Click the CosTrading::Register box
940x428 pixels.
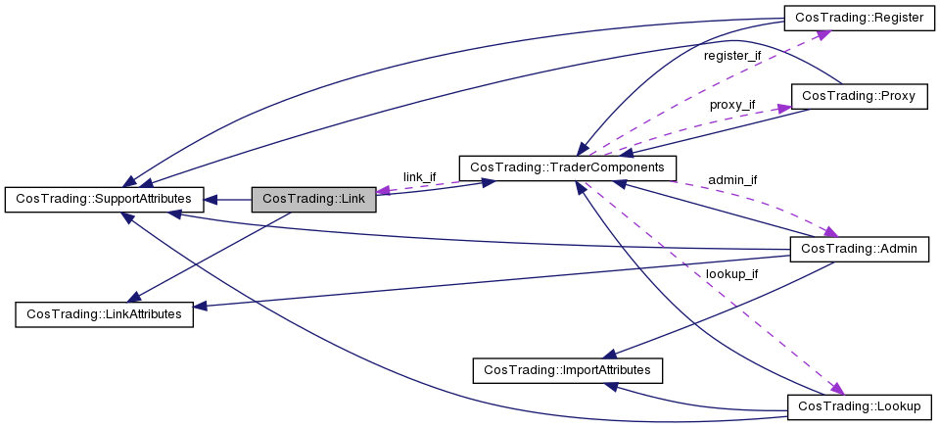tap(859, 18)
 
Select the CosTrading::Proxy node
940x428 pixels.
tap(859, 96)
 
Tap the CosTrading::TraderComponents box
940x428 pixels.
tap(567, 167)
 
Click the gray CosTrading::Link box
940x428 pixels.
tap(313, 199)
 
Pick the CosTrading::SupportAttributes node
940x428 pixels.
tap(104, 199)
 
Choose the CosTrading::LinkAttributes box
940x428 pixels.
tap(105, 314)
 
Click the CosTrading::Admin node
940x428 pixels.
tap(859, 249)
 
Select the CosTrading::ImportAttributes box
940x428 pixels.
tap(567, 370)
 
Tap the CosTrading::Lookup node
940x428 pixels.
tap(859, 407)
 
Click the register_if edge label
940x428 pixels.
tap(732, 57)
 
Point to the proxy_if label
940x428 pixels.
tap(732, 105)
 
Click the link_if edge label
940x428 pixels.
tap(420, 177)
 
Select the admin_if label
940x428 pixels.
tap(732, 180)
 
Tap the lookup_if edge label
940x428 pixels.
tap(732, 274)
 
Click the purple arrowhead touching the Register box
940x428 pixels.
tap(822, 34)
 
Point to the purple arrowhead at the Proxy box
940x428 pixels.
tap(783, 109)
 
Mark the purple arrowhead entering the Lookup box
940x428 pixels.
tap(836, 389)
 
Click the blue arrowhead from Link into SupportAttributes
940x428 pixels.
tap(211, 199)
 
